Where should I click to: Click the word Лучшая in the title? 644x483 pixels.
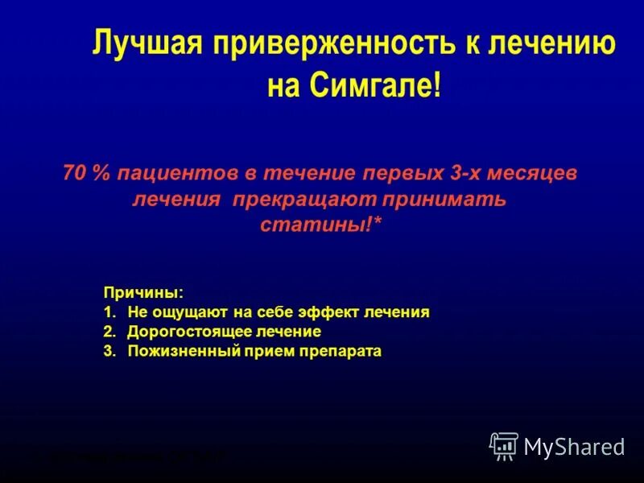coord(146,43)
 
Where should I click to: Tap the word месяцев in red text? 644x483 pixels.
coord(535,174)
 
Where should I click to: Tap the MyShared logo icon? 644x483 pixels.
coord(504,446)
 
